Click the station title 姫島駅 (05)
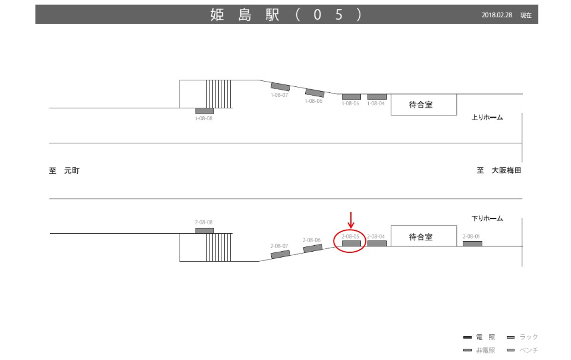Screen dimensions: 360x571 click(285, 15)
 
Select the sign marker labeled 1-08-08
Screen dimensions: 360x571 click(204, 111)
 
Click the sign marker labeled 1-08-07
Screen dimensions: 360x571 click(280, 87)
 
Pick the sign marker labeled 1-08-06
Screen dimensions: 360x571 click(315, 93)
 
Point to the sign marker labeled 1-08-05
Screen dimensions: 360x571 click(351, 96)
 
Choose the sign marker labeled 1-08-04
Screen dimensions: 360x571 click(377, 96)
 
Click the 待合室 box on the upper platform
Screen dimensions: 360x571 click(423, 105)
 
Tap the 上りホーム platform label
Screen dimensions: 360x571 click(487, 118)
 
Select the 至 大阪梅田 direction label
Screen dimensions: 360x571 click(498, 171)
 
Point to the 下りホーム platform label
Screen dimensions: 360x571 click(487, 219)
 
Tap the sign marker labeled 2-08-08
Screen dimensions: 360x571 click(204, 230)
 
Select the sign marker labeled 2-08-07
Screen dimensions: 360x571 click(280, 254)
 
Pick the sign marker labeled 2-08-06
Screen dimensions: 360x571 click(313, 248)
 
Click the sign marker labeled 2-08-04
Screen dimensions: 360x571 click(377, 243)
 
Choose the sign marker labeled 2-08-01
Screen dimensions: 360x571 click(472, 243)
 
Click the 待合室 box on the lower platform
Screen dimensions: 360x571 click(423, 237)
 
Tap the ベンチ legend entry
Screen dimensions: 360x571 click(522, 350)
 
